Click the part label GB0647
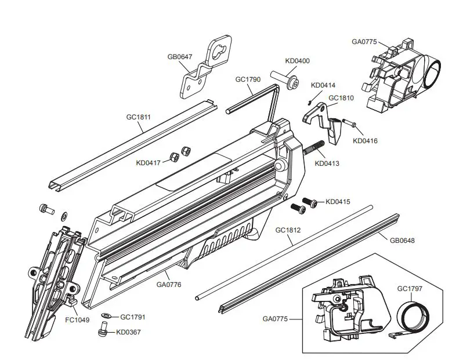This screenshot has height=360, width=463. tap(179, 57)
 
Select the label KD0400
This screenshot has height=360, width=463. tap(297, 61)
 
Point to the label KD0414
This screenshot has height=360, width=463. tap(323, 86)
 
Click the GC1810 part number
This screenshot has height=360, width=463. tap(341, 98)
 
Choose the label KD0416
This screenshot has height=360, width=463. tap(365, 140)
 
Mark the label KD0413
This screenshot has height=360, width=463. tap(327, 163)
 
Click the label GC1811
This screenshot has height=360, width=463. tap(139, 117)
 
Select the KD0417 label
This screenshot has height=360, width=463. tap(149, 163)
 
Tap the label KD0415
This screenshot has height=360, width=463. tap(338, 202)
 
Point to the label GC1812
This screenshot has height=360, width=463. tap(288, 230)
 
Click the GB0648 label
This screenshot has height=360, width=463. tap(402, 240)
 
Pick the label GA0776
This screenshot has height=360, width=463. tap(169, 284)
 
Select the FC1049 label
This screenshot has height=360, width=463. tap(77, 319)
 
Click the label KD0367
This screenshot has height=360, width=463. tap(128, 332)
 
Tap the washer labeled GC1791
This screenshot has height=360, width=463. tap(106, 317)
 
